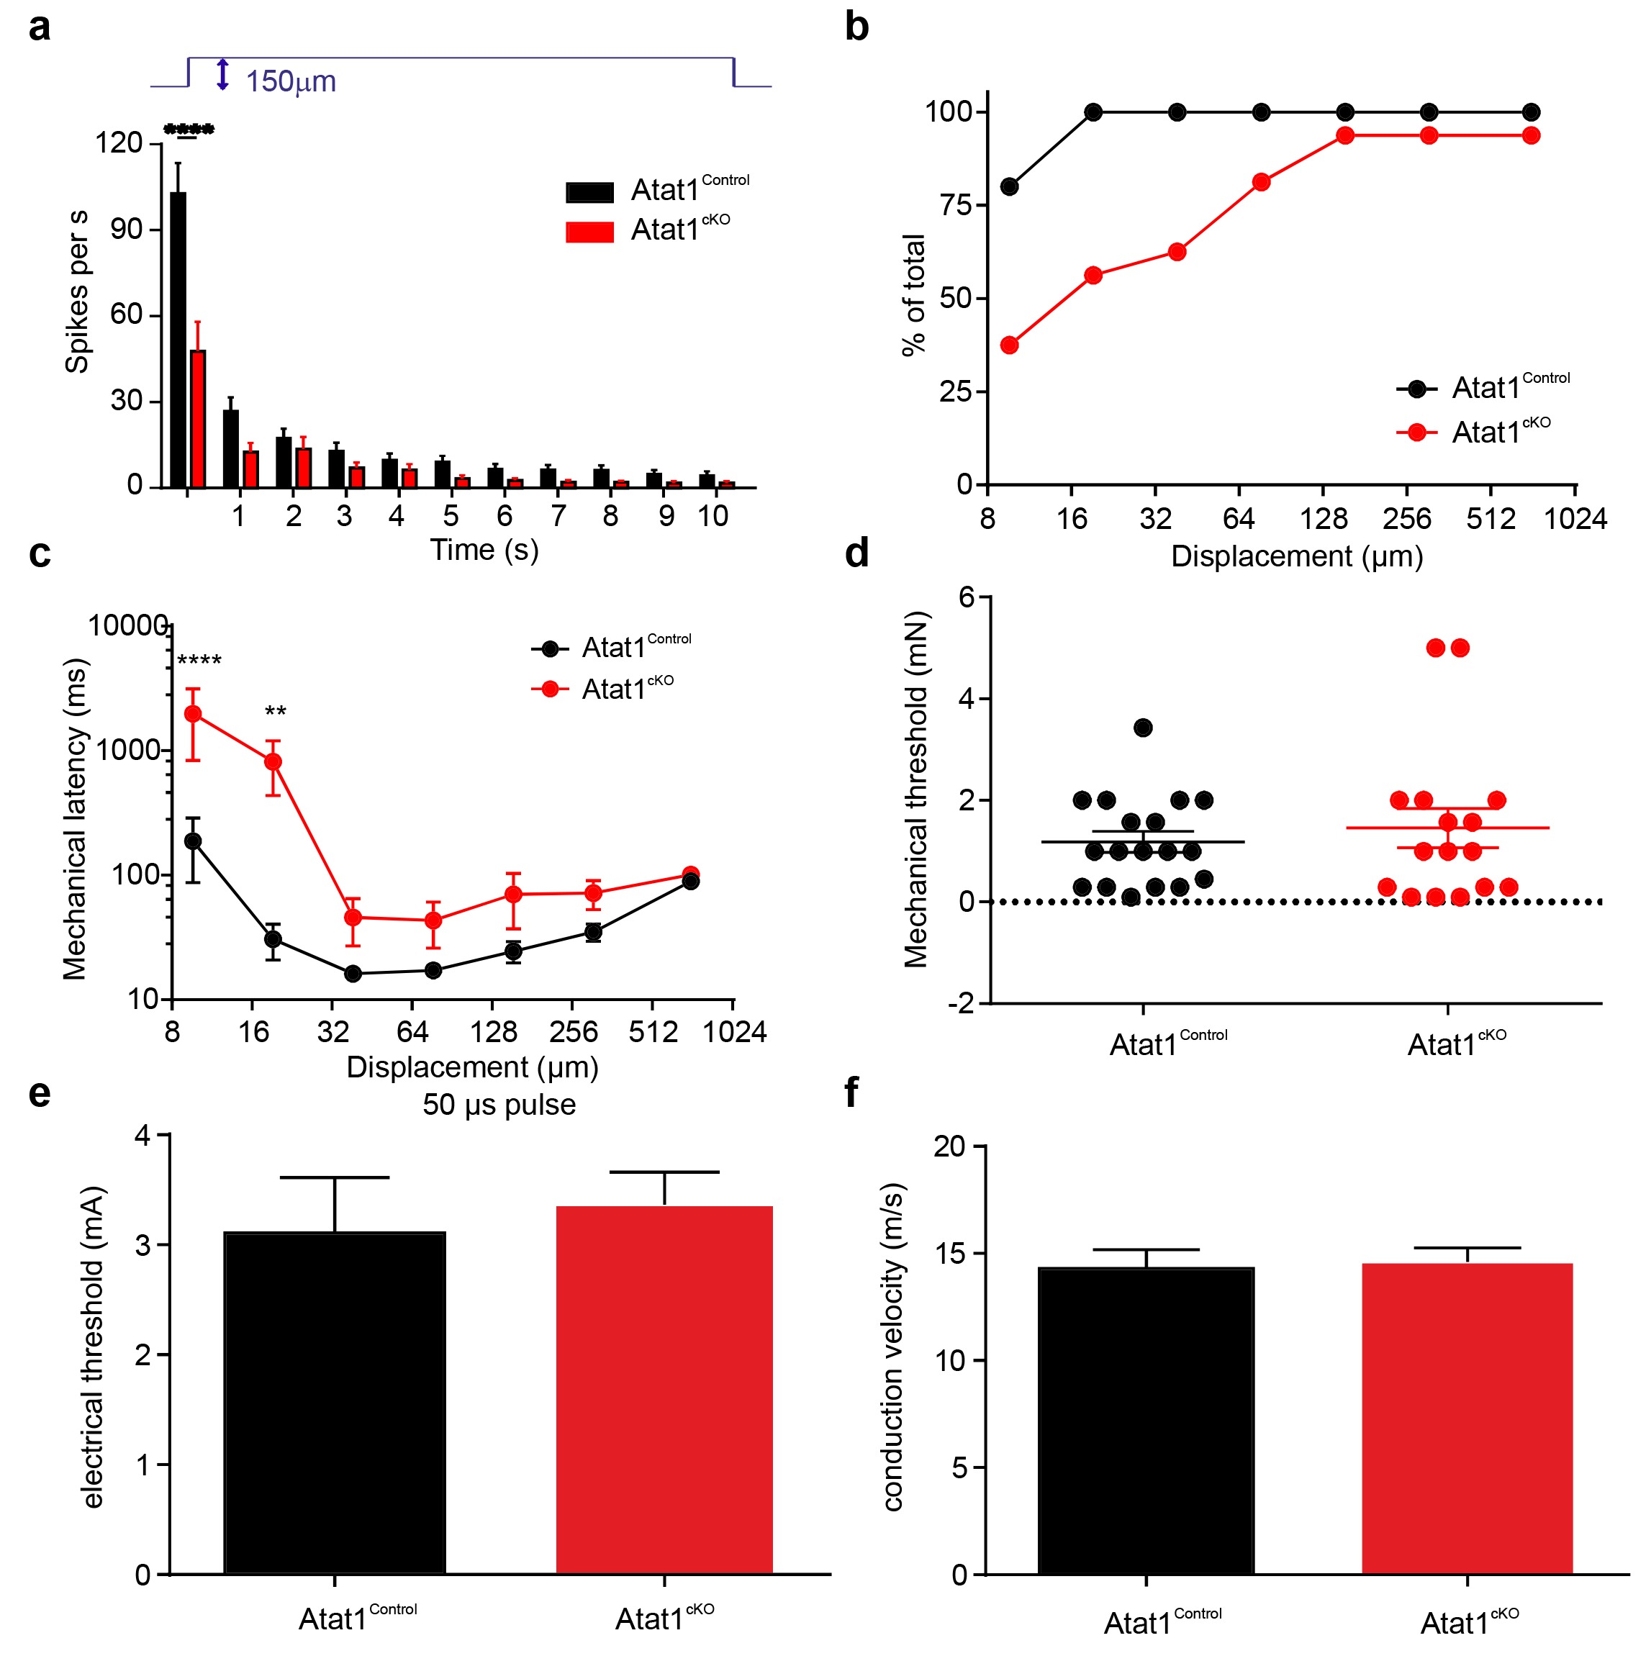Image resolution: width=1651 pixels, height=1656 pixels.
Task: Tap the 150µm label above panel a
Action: point(291,81)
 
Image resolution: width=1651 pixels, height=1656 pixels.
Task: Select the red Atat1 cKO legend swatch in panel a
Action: point(589,232)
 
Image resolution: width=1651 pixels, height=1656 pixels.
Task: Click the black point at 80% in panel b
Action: point(1009,186)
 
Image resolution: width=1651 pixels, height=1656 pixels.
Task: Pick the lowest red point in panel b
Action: point(1009,345)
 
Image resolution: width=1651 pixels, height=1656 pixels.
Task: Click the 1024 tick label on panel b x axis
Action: point(1574,519)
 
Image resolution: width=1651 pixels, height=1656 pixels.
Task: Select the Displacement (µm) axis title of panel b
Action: point(1296,556)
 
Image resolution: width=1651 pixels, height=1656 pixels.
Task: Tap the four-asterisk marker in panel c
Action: point(199,661)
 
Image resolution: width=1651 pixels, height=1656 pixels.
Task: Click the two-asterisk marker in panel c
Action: point(275,712)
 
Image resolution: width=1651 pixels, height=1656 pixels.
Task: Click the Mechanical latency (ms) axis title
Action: point(76,818)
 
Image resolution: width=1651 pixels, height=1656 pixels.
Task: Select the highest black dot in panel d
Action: point(1142,728)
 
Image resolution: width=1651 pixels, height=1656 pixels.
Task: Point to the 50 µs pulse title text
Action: point(499,1105)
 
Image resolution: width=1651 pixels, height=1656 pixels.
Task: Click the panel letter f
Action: point(851,1093)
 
